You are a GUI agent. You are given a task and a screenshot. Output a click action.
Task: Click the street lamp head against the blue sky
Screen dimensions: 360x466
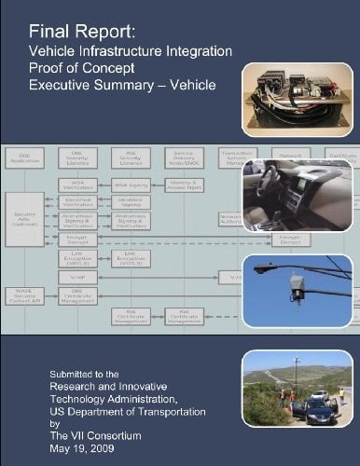tap(263, 269)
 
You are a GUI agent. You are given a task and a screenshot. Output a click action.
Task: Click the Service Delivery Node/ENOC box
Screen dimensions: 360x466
tap(183, 158)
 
